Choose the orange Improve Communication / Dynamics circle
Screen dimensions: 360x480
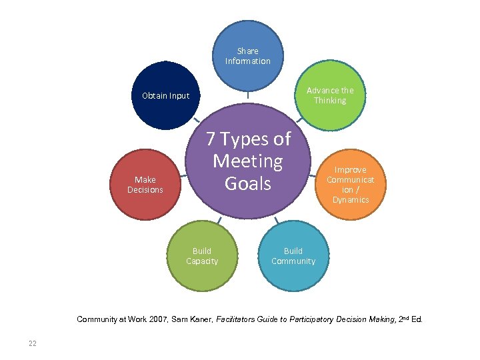[x=351, y=184]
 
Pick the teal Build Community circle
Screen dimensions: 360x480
[x=293, y=256]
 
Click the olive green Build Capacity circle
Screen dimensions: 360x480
[x=203, y=256]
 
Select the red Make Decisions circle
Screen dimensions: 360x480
[x=145, y=185]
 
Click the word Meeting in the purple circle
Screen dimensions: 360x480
[x=248, y=161]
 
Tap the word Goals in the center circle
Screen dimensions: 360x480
[x=248, y=183]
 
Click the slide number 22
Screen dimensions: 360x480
[x=32, y=343]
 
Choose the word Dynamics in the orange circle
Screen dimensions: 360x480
[x=351, y=200]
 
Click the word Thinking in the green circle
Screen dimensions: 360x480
[x=331, y=101]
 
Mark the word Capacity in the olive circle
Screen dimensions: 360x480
[x=202, y=261]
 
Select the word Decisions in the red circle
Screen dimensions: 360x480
[x=145, y=190]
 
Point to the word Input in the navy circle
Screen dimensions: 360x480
[x=178, y=95]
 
